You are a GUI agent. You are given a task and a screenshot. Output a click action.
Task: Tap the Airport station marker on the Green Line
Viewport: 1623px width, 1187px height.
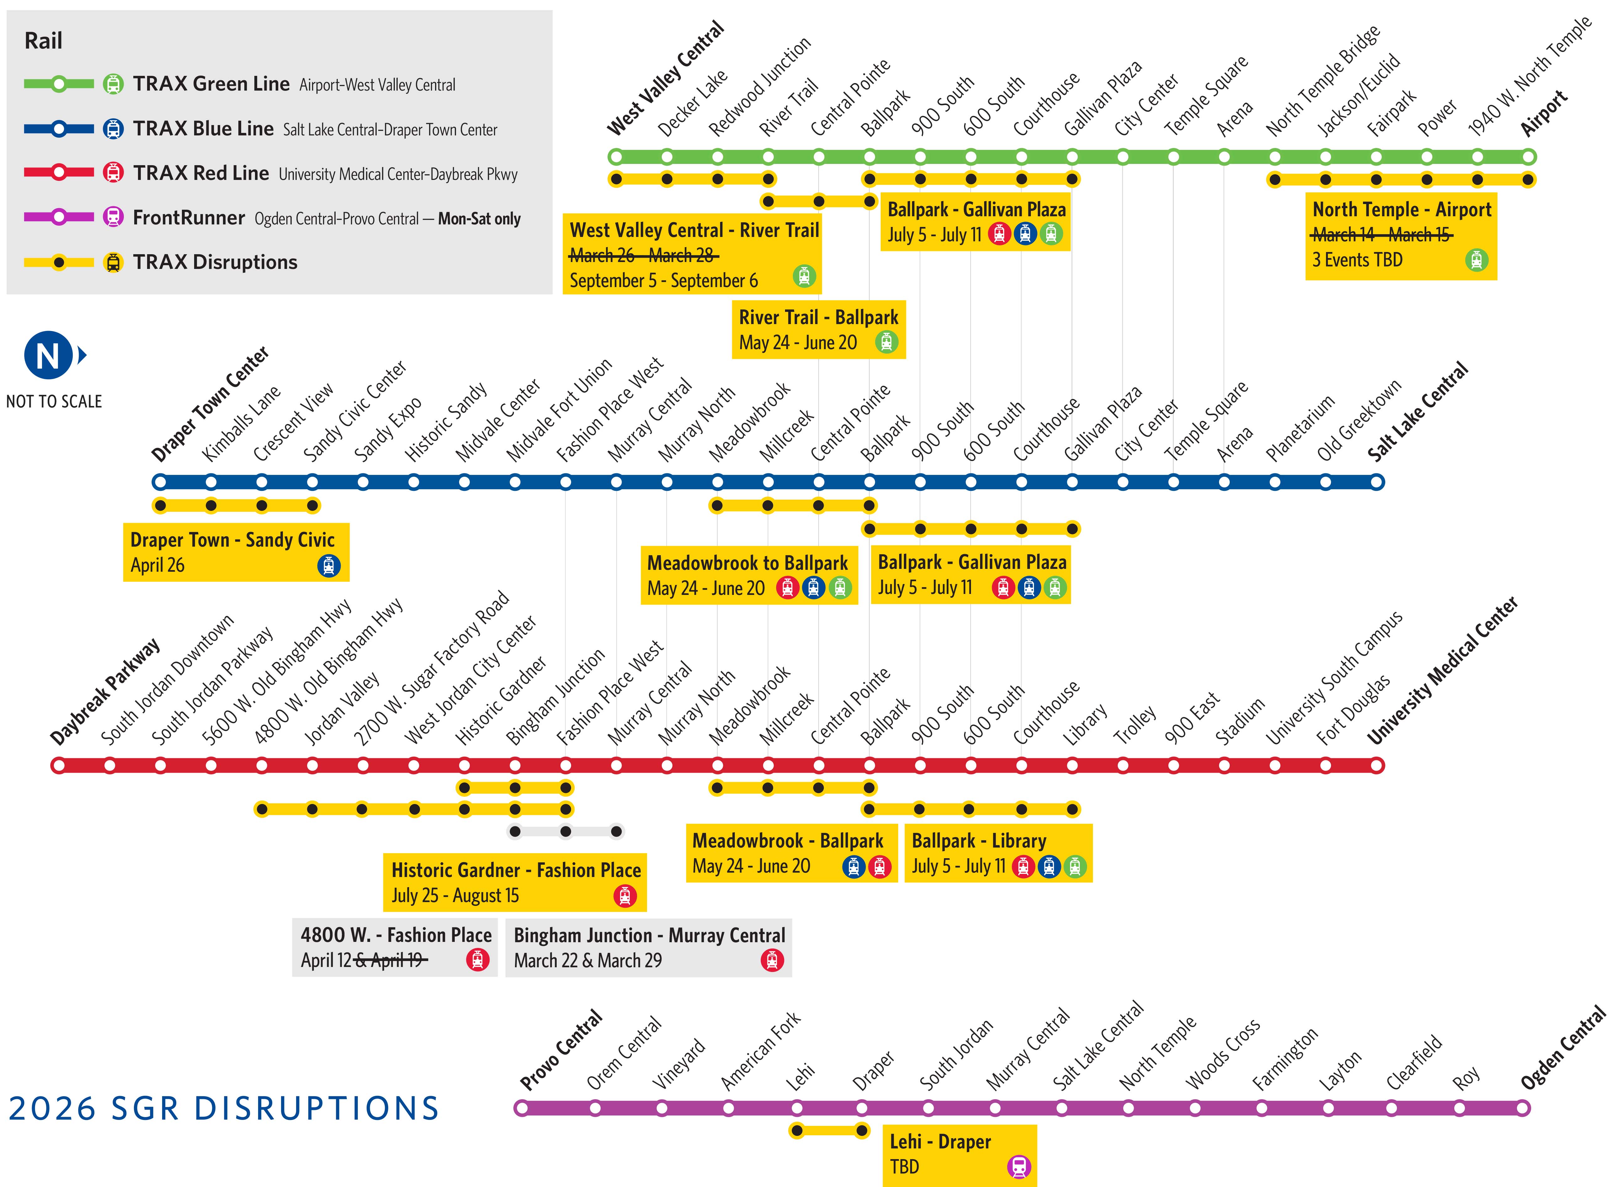point(1528,157)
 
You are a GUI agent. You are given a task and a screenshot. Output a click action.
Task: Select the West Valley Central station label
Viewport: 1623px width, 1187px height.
point(665,79)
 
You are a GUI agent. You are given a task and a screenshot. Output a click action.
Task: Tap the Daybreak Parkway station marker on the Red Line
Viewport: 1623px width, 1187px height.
point(58,765)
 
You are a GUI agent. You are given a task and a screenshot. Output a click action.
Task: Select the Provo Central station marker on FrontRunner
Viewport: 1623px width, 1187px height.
point(522,1108)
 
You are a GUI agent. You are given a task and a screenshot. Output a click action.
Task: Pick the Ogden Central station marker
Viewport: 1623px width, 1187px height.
point(1522,1108)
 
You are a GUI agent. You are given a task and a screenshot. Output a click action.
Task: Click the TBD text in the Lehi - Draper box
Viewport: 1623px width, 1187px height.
point(904,1166)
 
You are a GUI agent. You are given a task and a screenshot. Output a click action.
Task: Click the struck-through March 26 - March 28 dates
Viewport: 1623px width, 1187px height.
point(643,255)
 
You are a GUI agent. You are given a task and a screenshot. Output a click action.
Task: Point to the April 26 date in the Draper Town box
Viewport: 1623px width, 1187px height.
point(157,565)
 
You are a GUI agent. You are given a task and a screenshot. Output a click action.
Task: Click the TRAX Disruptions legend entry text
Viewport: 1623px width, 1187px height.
point(215,262)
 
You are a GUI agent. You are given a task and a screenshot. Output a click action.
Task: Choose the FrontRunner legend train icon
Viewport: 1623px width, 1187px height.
point(113,217)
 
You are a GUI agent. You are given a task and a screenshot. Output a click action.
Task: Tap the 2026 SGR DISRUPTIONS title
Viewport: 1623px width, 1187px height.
point(224,1109)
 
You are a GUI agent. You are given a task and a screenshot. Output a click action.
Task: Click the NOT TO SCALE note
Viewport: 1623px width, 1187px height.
point(54,402)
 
